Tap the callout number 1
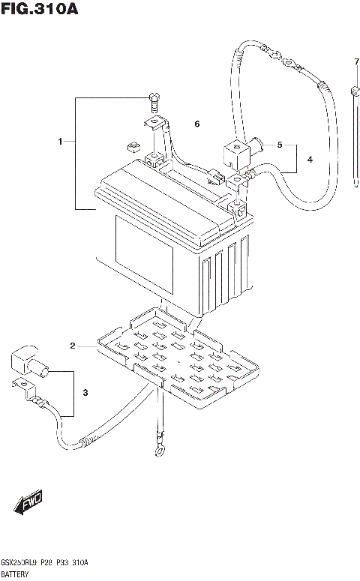coord(61,141)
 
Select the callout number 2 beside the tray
coord(73,346)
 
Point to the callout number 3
coord(85,393)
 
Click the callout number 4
coord(309,160)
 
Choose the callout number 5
coord(280,145)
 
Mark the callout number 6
coord(197,123)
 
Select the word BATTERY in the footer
coord(16,573)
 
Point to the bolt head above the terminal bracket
coord(154,97)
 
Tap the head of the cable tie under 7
coord(352,92)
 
